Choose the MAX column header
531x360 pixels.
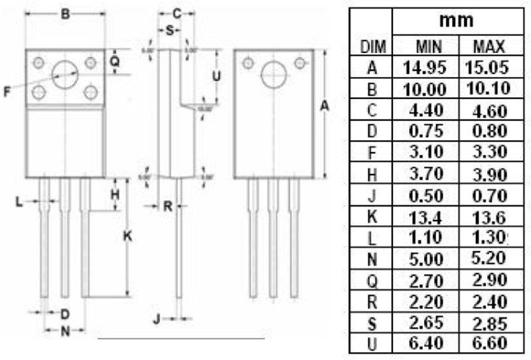click(x=488, y=47)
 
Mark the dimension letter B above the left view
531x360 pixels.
click(x=65, y=13)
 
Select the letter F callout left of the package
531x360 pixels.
click(x=7, y=92)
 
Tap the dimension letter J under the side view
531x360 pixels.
click(x=157, y=319)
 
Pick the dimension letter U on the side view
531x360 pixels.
click(x=215, y=76)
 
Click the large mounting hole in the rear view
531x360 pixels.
click(x=273, y=75)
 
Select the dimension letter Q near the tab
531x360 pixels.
click(x=114, y=60)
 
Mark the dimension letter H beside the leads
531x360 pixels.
click(x=114, y=195)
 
